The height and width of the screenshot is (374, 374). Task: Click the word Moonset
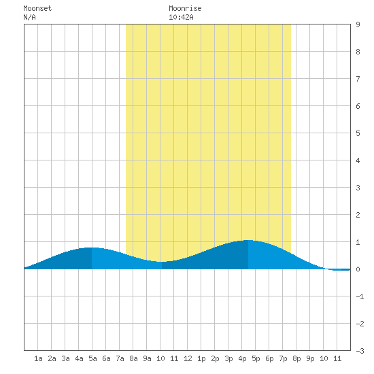click(x=37, y=8)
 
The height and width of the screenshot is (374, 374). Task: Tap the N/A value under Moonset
click(x=29, y=17)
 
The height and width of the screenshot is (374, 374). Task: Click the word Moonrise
click(x=185, y=8)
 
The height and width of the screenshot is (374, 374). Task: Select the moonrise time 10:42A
click(x=181, y=17)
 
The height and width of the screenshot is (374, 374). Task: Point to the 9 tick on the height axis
click(x=358, y=24)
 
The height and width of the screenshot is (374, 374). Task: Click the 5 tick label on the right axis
click(x=358, y=133)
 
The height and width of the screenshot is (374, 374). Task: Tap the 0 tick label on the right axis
click(x=358, y=269)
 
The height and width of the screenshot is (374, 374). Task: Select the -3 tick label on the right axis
click(x=360, y=351)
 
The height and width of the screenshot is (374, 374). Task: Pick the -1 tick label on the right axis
click(x=360, y=296)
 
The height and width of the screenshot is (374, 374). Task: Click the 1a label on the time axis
click(x=38, y=358)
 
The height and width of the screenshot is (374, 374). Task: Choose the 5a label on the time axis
click(x=92, y=358)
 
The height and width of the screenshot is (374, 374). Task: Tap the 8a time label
click(x=133, y=358)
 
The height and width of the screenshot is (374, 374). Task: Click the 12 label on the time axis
click(x=188, y=358)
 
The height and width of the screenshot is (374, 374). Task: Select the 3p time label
click(x=228, y=358)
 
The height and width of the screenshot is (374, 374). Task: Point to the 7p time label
click(x=283, y=358)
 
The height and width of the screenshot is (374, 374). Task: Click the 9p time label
click(x=310, y=358)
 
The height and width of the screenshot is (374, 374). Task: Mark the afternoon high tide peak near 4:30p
click(x=248, y=240)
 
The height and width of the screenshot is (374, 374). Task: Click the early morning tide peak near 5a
click(x=92, y=248)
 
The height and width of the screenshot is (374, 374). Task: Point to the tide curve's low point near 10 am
click(x=162, y=262)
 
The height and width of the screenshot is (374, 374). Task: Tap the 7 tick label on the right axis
click(x=358, y=79)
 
